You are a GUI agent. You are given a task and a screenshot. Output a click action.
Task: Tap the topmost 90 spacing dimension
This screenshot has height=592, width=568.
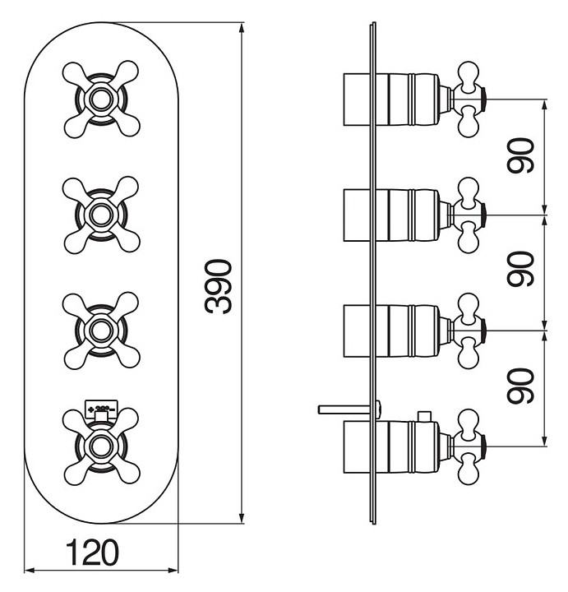[521, 155]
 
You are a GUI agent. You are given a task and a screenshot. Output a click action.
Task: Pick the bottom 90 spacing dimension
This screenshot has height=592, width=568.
[521, 386]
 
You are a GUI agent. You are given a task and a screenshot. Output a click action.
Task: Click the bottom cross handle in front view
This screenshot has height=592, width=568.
[100, 446]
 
